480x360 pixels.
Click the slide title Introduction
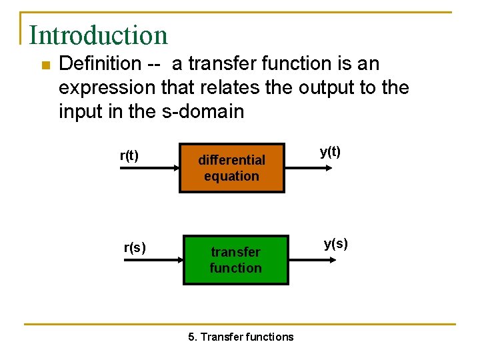coord(98,35)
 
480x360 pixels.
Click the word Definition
coord(99,64)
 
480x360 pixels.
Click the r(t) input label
coord(129,156)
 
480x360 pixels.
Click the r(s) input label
coord(135,248)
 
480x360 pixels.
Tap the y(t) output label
coord(330,151)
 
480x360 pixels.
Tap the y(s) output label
coord(335,243)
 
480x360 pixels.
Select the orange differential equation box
coord(231,168)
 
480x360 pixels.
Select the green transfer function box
coord(236,259)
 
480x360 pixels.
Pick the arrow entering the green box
coord(152,261)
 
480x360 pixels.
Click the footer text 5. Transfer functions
coord(241,337)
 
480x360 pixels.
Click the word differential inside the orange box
coord(231,160)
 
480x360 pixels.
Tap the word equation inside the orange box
coord(231,177)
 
